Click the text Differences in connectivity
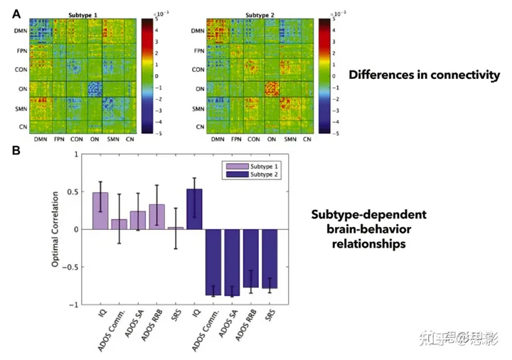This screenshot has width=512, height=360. coord(424,75)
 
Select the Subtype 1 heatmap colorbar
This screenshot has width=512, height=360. coord(146,75)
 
